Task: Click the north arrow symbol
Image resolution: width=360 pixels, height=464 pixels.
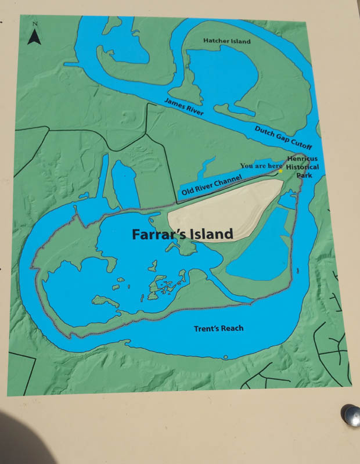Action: pyautogui.click(x=34, y=38)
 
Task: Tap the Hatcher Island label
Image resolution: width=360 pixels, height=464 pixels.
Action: pyautogui.click(x=226, y=41)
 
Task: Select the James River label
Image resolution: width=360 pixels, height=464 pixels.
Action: pyautogui.click(x=184, y=109)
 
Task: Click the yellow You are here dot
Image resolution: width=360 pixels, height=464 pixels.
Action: pyautogui.click(x=280, y=171)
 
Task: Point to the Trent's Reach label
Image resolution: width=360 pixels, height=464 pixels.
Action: pyautogui.click(x=218, y=329)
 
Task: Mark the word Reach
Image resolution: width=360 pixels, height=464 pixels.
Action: pyautogui.click(x=232, y=329)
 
